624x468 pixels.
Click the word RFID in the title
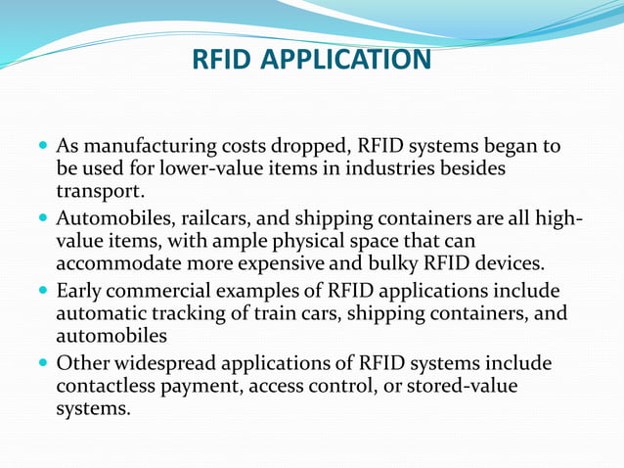point(222,61)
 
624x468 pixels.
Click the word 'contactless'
point(104,387)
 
